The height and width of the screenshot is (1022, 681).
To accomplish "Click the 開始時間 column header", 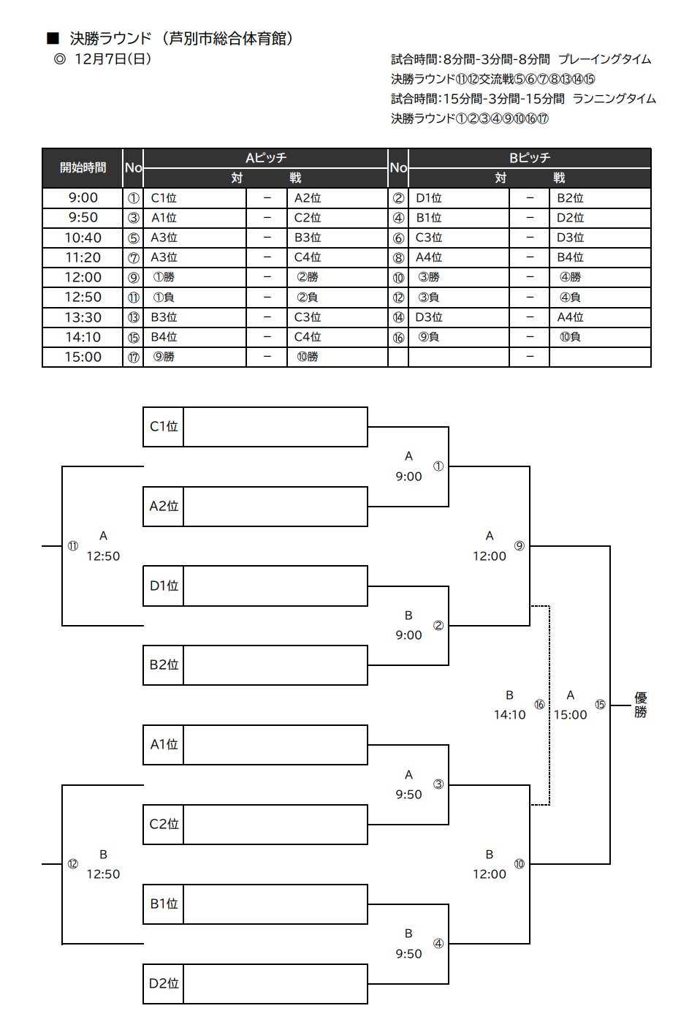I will point(83,168).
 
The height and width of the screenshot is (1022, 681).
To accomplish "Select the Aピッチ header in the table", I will point(266,158).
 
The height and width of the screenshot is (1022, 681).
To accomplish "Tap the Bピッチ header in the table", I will point(530,158).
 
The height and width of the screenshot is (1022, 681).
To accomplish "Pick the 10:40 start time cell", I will point(83,238).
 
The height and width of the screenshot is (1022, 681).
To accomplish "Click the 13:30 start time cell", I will point(83,317).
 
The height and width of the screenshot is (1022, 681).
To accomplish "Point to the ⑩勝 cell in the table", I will point(308,357).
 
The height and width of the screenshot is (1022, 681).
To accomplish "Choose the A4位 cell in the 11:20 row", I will point(429,257).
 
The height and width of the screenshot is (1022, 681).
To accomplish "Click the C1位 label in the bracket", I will point(164,426).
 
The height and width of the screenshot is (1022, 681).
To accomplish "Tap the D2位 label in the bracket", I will point(164,983).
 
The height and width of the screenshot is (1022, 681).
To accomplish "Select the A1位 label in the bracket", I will point(164,744).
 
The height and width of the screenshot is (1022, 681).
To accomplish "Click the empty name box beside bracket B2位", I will point(275,665).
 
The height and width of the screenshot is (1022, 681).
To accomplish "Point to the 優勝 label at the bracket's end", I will point(641,705).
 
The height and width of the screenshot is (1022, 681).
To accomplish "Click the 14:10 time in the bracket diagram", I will point(509,715).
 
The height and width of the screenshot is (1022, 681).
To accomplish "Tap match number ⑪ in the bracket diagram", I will point(73,546).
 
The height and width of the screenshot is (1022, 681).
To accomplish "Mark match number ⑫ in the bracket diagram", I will point(73,864).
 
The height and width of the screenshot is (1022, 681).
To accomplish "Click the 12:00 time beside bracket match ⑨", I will point(490,556).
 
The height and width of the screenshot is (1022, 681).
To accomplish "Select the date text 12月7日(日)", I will point(113,59).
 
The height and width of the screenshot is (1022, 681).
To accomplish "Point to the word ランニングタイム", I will point(615,99).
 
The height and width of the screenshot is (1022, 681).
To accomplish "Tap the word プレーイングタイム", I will point(605,59).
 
